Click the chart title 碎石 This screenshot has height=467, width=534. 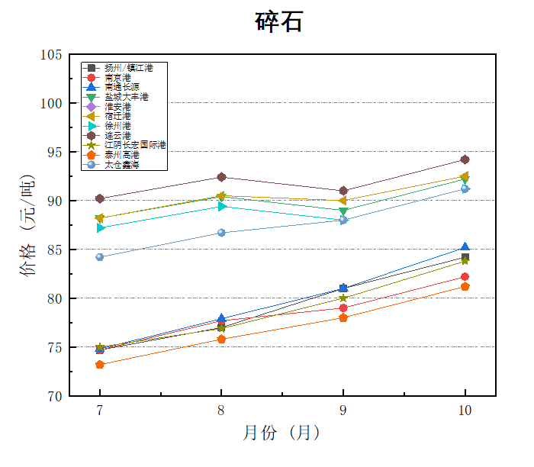coord(278,22)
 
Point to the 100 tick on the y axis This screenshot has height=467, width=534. coord(52,103)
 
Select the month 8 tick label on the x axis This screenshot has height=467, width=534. coord(221,411)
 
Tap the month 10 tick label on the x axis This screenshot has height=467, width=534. coord(465,411)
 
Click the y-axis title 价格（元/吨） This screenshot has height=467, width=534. coord(28,225)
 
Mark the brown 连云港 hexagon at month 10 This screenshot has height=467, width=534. coord(465,159)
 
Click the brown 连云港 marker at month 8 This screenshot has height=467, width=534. coord(221,177)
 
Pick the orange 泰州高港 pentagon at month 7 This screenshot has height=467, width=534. coord(100,365)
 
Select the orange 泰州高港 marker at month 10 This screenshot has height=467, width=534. coord(465,286)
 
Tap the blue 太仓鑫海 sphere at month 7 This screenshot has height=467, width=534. coord(100,257)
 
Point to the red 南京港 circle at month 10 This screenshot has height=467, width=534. coord(465,276)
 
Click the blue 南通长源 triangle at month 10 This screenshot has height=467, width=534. coord(465,247)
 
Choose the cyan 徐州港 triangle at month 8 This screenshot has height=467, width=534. coord(221,206)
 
